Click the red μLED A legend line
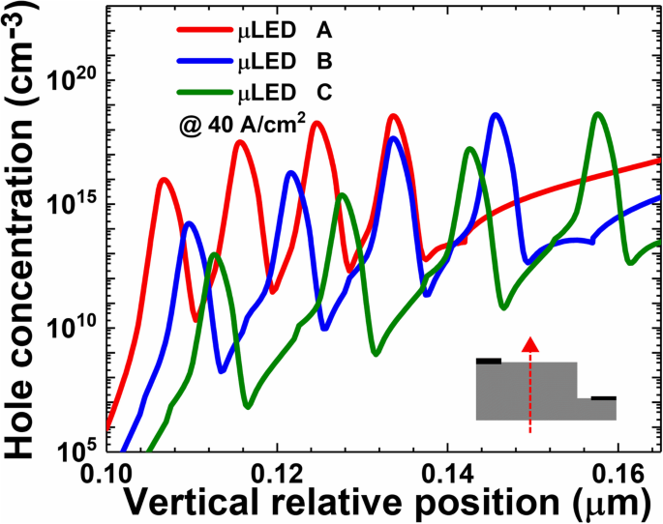click(x=204, y=31)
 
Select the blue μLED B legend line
click(x=204, y=63)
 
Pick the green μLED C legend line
click(x=204, y=95)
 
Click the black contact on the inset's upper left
click(x=489, y=361)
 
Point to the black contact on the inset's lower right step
click(x=604, y=396)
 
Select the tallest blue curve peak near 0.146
click(x=497, y=115)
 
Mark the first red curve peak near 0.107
click(x=164, y=179)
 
